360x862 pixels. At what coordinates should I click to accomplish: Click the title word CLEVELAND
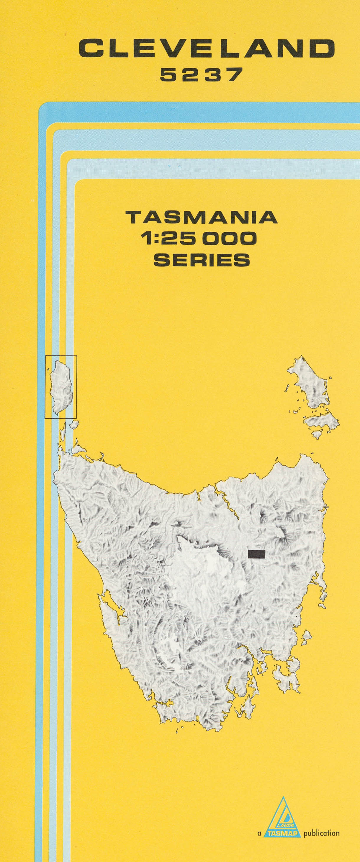coord(207,48)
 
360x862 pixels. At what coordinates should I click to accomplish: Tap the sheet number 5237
coord(200,75)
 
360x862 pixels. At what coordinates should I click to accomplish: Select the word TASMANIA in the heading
coord(202,218)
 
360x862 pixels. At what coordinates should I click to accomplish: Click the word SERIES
coord(202,260)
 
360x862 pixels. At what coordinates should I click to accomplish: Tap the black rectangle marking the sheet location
coord(256,554)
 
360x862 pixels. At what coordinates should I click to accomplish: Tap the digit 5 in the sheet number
coord(168,75)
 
